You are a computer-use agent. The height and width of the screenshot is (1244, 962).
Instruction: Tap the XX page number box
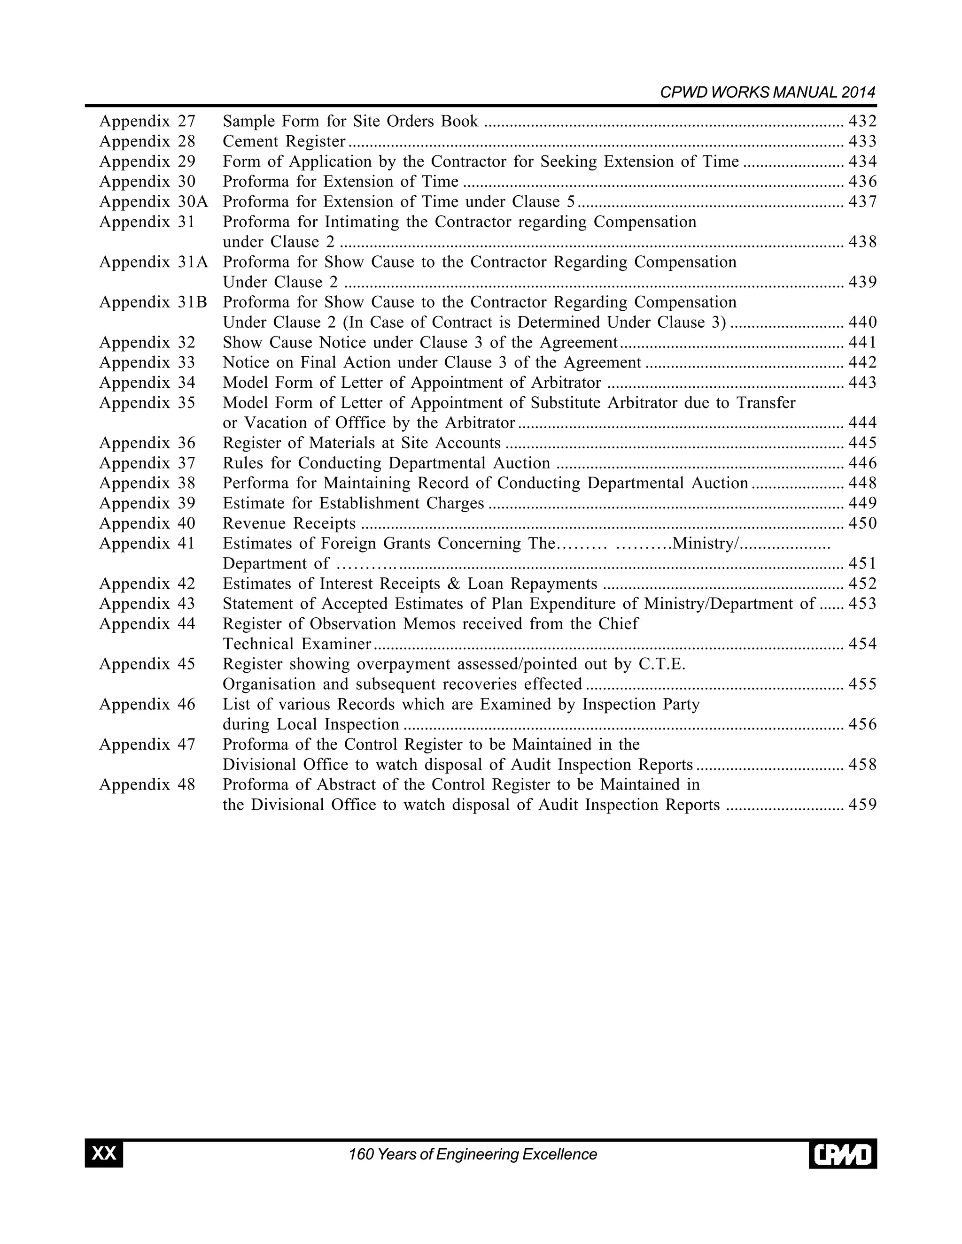[104, 1154]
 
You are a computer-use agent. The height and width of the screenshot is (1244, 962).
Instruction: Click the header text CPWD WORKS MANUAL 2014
[767, 93]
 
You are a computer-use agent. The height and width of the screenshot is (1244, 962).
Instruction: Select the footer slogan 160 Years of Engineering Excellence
[473, 1154]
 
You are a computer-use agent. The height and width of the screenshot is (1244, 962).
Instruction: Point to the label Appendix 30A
[153, 202]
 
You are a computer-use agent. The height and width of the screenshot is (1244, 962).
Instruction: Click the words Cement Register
[284, 141]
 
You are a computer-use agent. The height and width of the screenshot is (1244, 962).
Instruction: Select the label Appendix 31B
[153, 302]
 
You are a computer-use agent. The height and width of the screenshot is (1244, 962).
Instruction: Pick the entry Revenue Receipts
[289, 523]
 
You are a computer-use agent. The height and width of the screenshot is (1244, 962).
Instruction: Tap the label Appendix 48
[147, 785]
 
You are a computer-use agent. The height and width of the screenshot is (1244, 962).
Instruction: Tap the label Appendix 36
[147, 443]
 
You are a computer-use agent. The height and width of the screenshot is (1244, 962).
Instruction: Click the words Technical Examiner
[296, 644]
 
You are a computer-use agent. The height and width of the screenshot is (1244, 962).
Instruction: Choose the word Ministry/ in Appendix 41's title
[705, 544]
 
